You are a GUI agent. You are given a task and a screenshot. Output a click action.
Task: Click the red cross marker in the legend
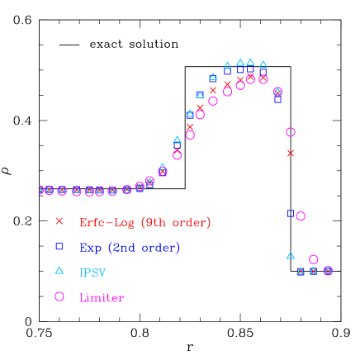pos(59,221)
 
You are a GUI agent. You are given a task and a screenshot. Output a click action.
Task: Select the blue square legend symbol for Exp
pos(59,246)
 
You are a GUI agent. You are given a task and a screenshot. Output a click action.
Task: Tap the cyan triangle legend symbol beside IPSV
pos(59,270)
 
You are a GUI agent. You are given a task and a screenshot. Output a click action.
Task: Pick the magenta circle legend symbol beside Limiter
pos(59,296)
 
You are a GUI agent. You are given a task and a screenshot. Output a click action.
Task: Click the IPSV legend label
pos(92,272)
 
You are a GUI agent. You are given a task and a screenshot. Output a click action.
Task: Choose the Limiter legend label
pos(101,297)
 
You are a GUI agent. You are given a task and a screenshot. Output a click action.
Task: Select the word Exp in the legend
pos(91,247)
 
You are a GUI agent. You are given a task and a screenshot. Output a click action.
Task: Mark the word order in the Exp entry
pos(159,247)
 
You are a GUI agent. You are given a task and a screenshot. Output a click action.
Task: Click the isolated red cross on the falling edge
pos(290,153)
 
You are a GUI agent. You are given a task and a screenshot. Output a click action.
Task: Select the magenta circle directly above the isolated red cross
pos(290,132)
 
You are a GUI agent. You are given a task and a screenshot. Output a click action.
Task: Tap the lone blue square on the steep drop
pos(290,213)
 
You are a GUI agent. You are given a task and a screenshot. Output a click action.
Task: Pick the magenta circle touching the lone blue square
pos(301,216)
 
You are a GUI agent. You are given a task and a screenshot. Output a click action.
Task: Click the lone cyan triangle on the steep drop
pos(290,256)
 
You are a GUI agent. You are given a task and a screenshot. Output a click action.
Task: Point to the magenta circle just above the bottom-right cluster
pos(314,259)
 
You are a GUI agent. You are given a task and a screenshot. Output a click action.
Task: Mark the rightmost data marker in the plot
pos(328,271)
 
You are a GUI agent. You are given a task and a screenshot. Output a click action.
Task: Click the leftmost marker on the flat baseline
pos(42,190)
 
